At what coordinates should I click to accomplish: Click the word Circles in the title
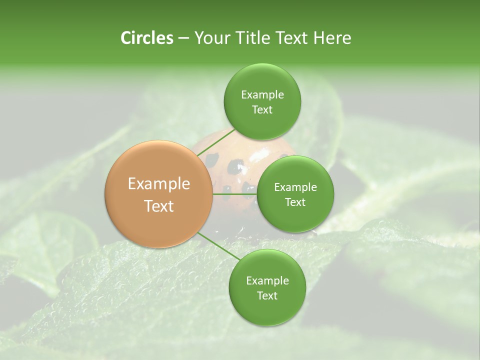(146, 38)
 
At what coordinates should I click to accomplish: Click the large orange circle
(158, 194)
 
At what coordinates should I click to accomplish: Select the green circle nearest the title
(262, 101)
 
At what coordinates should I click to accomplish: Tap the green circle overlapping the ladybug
(295, 194)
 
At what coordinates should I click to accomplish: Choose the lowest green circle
(267, 287)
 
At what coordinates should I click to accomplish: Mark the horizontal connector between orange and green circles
(234, 194)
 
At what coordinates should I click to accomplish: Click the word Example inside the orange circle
(159, 184)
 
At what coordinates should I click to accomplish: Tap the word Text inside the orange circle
(159, 206)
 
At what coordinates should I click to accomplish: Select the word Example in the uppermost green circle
(262, 94)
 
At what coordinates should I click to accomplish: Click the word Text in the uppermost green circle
(262, 109)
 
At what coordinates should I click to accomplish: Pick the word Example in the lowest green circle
(267, 280)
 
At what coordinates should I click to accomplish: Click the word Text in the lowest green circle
(267, 295)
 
